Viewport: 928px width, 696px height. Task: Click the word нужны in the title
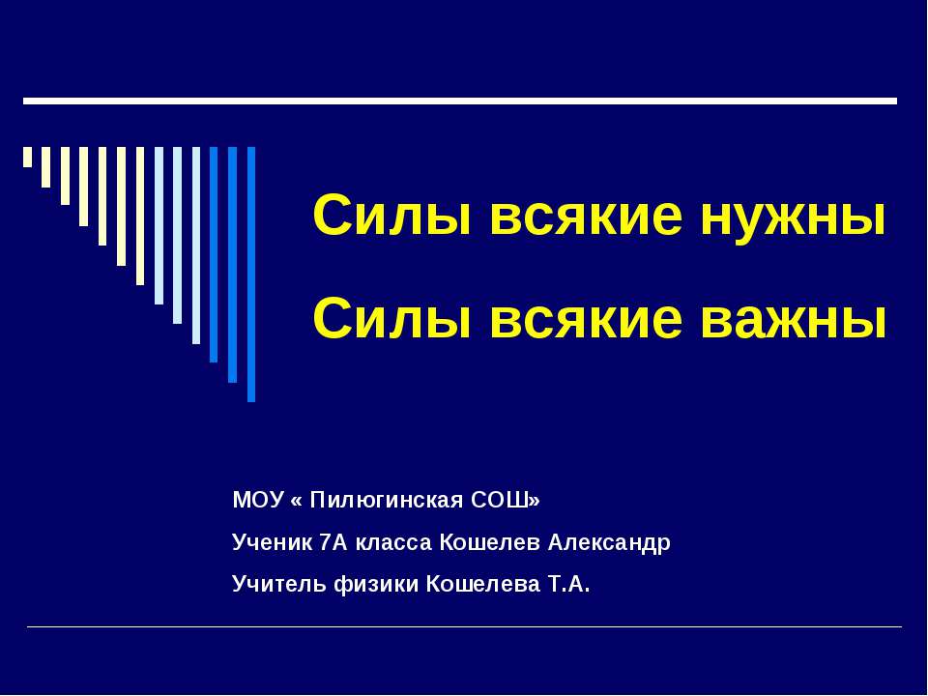point(793,215)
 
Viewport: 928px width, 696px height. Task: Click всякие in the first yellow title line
point(586,215)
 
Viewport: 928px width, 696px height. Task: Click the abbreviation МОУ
point(259,500)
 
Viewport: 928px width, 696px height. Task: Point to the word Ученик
point(273,542)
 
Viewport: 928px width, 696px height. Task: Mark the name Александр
point(608,543)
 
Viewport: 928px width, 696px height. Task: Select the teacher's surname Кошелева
point(483,584)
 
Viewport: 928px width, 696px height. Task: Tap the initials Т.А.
point(567,584)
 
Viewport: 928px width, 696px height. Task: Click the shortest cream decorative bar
point(27,157)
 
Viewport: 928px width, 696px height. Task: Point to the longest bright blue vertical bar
point(251,274)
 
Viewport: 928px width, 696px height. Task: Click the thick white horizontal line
point(460,101)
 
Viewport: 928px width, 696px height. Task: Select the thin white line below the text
point(464,626)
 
